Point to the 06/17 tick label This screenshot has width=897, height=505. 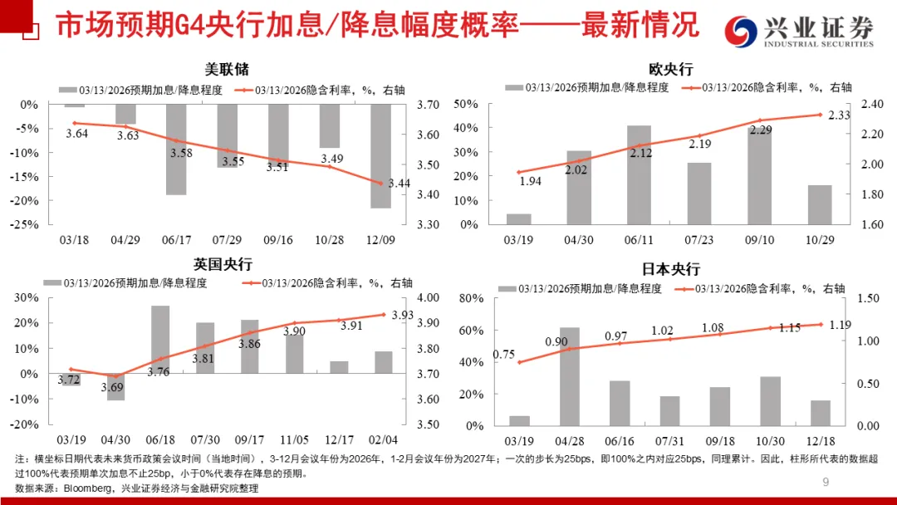pyautogui.click(x=176, y=239)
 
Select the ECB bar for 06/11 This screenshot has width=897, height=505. pyautogui.click(x=639, y=174)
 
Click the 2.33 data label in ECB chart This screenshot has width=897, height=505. pyautogui.click(x=839, y=115)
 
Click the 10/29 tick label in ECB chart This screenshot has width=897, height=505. pyautogui.click(x=820, y=239)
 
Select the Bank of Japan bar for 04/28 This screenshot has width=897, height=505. pyautogui.click(x=569, y=376)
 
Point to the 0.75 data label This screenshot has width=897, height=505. pyautogui.click(x=503, y=354)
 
